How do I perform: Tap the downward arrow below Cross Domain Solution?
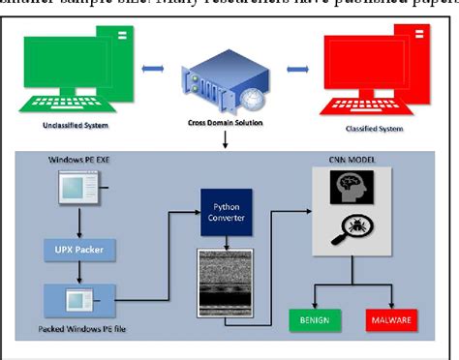[x=225, y=141]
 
